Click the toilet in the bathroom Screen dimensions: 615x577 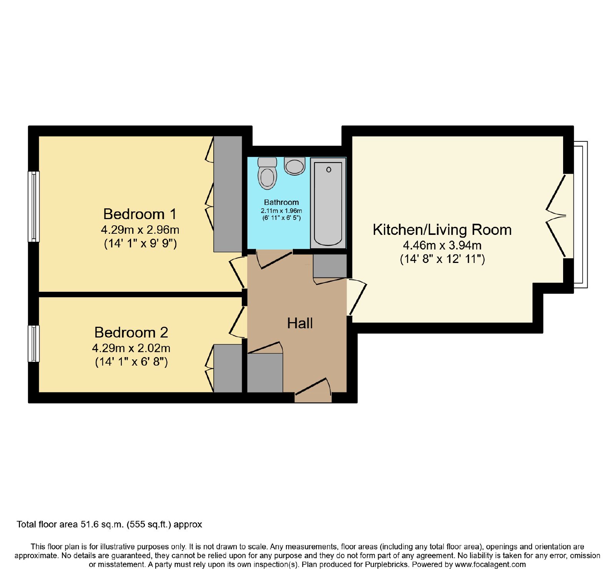(268, 173)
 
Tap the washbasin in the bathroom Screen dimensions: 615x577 (295, 166)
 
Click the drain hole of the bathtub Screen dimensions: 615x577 (329, 170)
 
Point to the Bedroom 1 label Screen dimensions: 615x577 (140, 214)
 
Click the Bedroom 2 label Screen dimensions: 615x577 (131, 332)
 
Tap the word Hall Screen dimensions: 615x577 (300, 323)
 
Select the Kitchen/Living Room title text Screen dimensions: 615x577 (442, 230)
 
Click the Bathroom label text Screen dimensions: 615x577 (281, 202)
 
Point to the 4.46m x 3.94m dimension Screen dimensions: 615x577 (442, 245)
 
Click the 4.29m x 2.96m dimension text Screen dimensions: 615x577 (140, 230)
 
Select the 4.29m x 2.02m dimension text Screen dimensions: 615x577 (131, 348)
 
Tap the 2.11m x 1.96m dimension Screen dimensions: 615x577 (281, 211)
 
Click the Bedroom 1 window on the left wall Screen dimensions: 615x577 (34, 206)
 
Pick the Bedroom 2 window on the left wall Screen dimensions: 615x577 (34, 344)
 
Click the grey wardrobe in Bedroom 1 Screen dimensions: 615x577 (228, 194)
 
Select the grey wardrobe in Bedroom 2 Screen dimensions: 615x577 (228, 368)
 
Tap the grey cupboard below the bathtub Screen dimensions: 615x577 (330, 266)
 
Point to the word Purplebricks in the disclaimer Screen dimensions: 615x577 (386, 565)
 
